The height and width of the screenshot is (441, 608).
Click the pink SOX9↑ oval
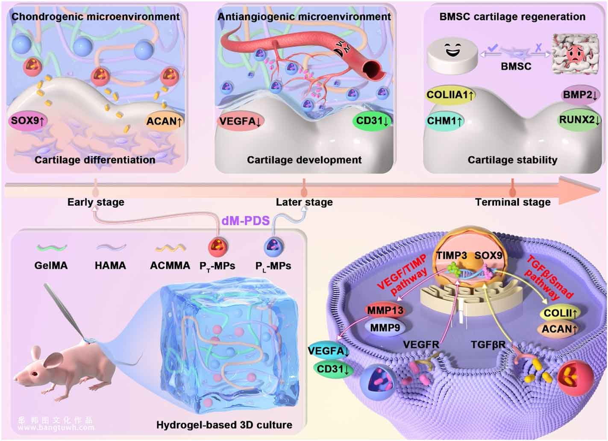[x=28, y=121]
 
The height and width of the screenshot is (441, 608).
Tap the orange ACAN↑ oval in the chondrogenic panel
[x=164, y=121]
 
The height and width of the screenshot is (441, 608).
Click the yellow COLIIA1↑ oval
[x=450, y=95]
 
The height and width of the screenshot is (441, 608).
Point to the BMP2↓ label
[x=580, y=95]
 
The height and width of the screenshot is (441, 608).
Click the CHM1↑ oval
[x=444, y=121]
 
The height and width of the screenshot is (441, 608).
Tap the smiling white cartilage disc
[x=452, y=56]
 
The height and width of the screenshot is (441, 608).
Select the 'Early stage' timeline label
[x=96, y=202]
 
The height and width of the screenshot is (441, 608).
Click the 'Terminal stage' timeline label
[x=513, y=202]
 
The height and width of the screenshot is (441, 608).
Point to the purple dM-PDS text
[x=246, y=220]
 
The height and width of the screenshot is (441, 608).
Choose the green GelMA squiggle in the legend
[x=52, y=247]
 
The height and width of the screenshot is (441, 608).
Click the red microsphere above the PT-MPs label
[x=218, y=247]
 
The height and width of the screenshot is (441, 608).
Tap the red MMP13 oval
[x=385, y=311]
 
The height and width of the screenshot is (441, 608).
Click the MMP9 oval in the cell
[x=385, y=328]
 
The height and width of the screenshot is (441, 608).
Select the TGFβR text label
[x=488, y=344]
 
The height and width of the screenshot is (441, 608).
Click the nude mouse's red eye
[x=35, y=374]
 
